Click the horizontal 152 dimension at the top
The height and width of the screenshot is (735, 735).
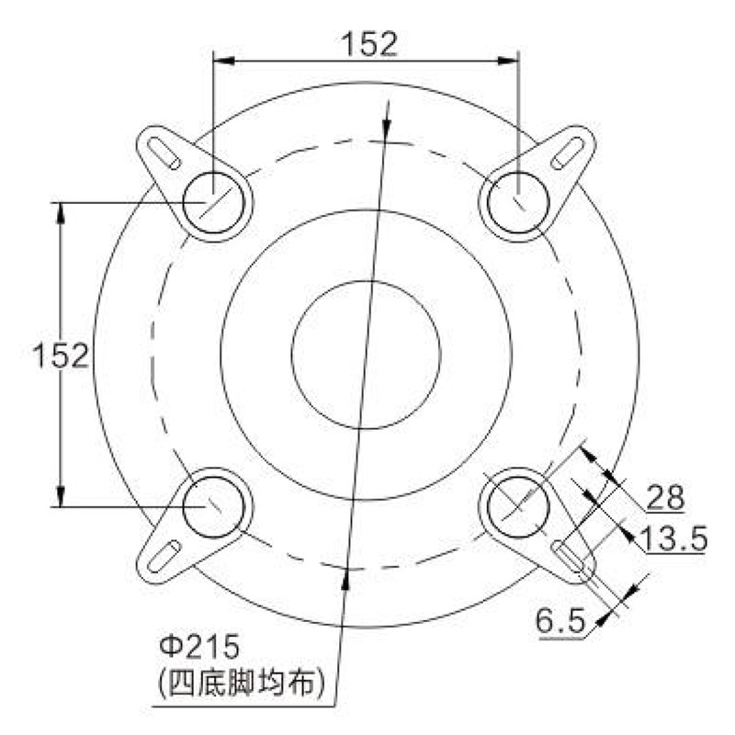pyautogui.click(x=369, y=44)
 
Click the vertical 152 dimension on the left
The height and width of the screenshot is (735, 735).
pyautogui.click(x=61, y=355)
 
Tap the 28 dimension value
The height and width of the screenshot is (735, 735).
pyautogui.click(x=665, y=497)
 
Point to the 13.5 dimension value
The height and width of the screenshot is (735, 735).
pyautogui.click(x=673, y=538)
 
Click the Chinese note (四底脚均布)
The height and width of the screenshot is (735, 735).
pyautogui.click(x=241, y=683)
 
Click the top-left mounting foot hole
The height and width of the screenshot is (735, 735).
pyautogui.click(x=213, y=202)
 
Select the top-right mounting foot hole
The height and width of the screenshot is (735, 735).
pyautogui.click(x=518, y=202)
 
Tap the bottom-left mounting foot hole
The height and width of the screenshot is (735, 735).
pyautogui.click(x=213, y=507)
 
